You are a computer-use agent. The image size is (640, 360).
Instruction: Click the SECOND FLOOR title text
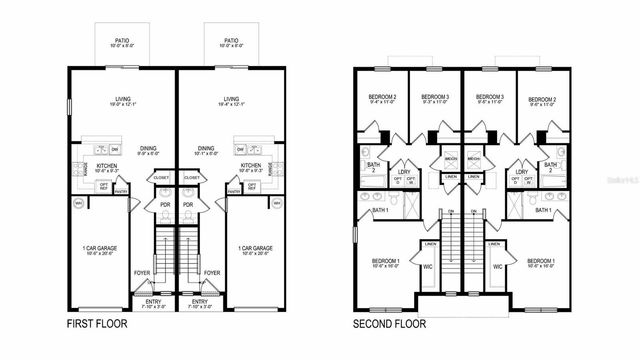tap(389, 324)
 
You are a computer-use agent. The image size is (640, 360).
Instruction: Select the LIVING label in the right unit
tap(231, 99)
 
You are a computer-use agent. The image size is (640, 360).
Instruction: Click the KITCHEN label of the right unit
tap(251, 166)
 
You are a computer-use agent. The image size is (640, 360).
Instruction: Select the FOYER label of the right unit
tap(211, 272)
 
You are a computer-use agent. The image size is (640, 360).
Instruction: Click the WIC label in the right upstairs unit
tap(496, 266)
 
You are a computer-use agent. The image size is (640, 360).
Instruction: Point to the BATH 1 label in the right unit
tap(542, 210)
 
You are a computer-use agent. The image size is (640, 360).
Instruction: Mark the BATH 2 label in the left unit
tap(371, 166)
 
